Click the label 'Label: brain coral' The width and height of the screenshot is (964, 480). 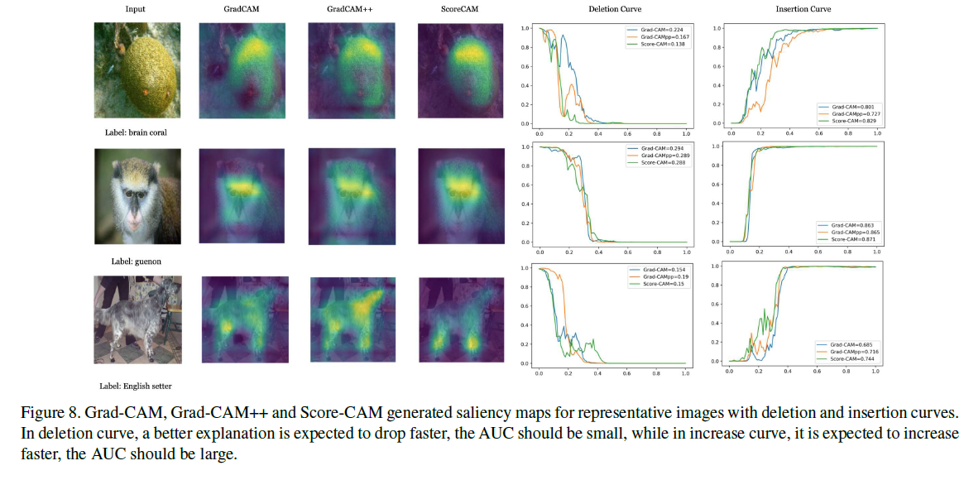137,132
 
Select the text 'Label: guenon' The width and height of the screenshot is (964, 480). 136,261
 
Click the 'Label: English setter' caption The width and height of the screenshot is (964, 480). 136,386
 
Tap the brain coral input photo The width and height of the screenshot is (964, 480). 137,71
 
